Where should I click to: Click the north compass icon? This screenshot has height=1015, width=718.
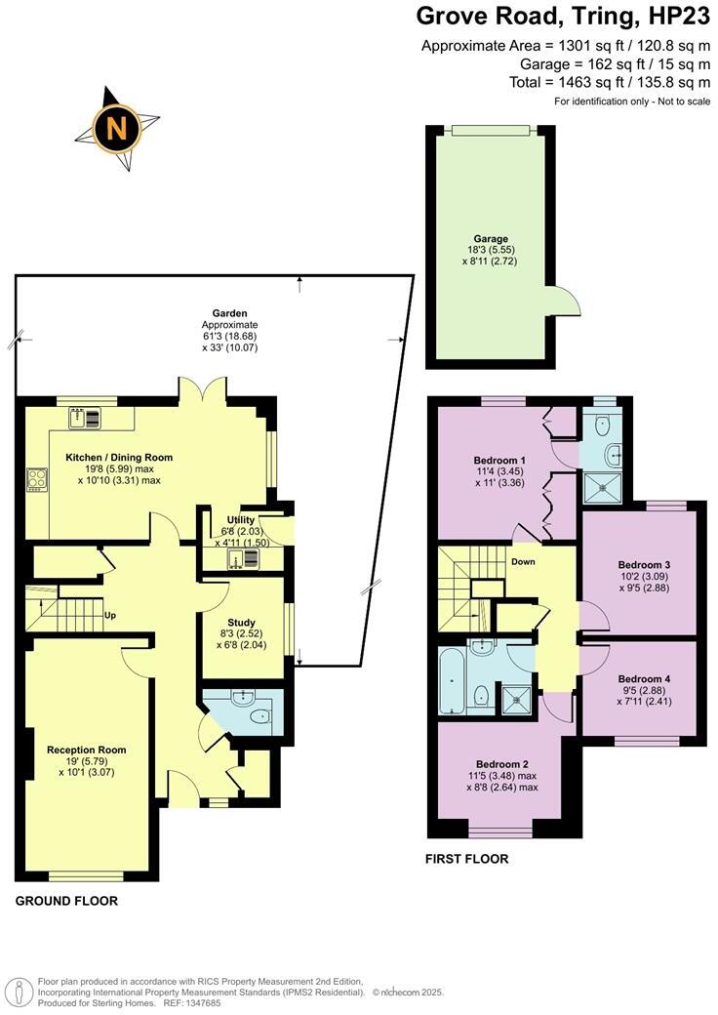(x=115, y=128)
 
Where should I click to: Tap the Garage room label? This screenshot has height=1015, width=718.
(x=491, y=238)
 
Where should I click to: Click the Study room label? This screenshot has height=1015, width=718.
(x=241, y=623)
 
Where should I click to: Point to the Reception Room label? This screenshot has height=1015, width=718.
(x=87, y=750)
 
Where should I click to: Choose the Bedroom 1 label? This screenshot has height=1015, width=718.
(x=499, y=460)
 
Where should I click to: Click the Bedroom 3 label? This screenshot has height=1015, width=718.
(x=645, y=564)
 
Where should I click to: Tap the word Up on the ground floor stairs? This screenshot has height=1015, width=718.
(x=110, y=616)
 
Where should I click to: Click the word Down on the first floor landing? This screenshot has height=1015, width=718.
(x=523, y=562)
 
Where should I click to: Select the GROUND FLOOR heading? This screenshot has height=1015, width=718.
(x=66, y=901)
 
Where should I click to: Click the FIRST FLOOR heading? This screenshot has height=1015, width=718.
(x=467, y=859)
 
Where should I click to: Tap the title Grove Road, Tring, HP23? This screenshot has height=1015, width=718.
(x=563, y=17)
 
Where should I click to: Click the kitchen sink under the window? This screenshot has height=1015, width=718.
(x=86, y=419)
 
